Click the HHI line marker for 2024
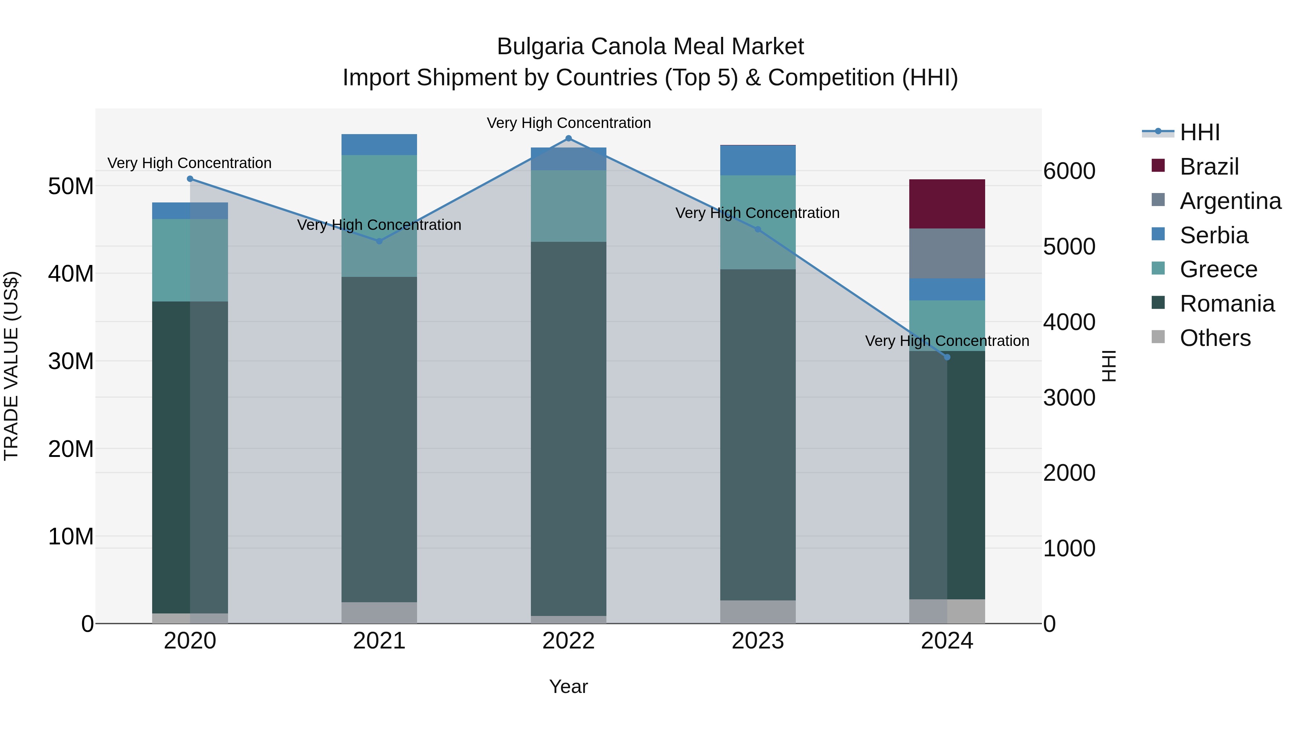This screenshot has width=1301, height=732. click(946, 357)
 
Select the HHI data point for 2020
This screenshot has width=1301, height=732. click(190, 179)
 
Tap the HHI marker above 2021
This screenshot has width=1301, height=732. click(379, 241)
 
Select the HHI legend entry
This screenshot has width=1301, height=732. click(1199, 132)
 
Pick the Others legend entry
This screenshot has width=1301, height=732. click(1215, 338)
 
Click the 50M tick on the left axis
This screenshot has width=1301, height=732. click(71, 187)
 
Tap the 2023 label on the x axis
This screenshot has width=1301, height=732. click(757, 641)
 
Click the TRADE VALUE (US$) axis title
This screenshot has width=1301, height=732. click(11, 366)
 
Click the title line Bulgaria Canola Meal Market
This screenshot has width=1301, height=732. click(650, 47)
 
